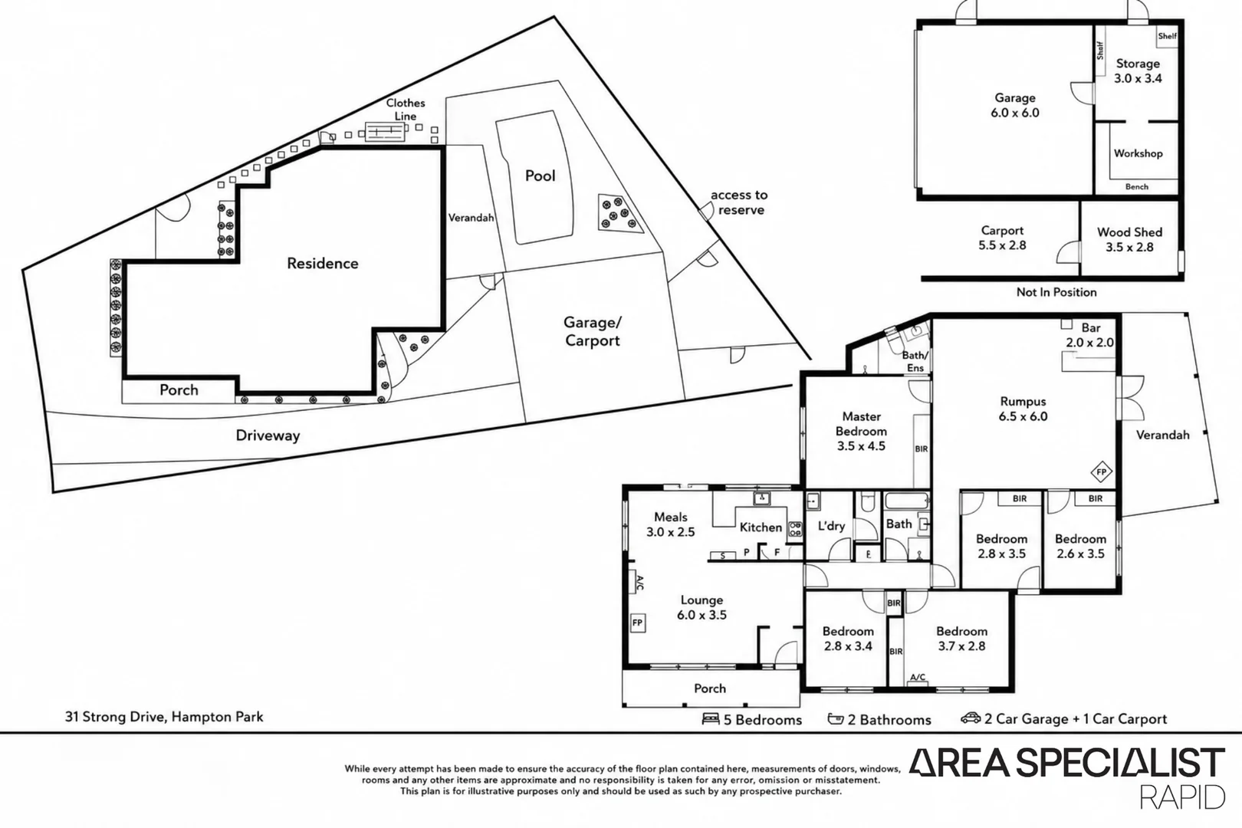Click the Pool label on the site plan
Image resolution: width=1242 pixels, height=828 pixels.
pos(540,176)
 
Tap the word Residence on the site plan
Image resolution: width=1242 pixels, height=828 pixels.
pos(323,263)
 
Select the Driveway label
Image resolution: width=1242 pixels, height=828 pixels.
pos(268,435)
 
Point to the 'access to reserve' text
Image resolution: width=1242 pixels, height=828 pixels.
pos(739,202)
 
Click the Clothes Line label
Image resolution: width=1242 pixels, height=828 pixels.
pos(406,110)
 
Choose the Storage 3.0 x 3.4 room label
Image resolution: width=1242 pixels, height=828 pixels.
pos(1138,71)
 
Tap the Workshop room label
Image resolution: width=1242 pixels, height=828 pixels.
pos(1138,153)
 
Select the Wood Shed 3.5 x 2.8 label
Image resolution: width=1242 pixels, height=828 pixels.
pos(1129,239)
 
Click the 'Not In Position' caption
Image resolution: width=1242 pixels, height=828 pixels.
pos(1056,292)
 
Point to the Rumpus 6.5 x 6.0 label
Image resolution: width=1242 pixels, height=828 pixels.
pos(1023,409)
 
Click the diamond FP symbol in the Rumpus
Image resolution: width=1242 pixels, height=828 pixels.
pos(1101,472)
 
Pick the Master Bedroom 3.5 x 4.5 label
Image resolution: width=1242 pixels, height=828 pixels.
pos(861,431)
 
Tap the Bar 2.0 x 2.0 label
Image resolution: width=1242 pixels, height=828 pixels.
pos(1090,335)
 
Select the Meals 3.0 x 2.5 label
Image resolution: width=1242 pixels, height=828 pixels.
pos(670,524)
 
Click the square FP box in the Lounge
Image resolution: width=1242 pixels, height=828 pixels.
pos(638,623)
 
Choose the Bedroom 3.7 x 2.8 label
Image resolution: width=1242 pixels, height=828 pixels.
pos(961,639)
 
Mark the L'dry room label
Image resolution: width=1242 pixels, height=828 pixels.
pos(831,526)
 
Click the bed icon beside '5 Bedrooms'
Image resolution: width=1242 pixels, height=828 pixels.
pos(710,718)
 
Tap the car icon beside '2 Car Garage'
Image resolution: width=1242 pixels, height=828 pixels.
pos(971,718)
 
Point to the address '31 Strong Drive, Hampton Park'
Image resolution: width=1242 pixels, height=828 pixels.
pos(164,717)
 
